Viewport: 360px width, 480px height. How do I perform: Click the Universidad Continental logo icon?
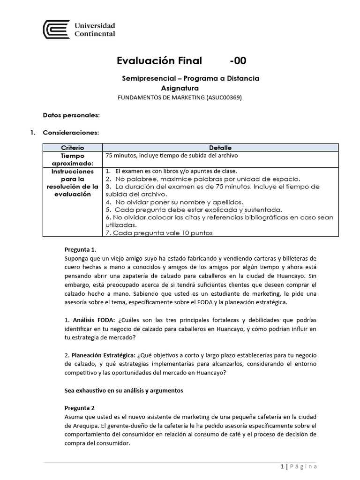(x=56, y=29)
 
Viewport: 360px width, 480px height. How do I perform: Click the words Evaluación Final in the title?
(x=159, y=61)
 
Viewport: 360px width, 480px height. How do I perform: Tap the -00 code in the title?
(x=238, y=61)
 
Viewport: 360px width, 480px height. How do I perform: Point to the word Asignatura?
(x=180, y=88)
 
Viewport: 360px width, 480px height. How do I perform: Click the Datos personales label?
(x=71, y=115)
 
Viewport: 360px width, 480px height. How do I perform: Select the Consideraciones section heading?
(x=71, y=133)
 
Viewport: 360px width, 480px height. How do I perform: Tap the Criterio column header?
(x=72, y=147)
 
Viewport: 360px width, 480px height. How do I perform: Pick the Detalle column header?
(x=220, y=147)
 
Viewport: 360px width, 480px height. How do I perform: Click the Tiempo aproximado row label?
(x=72, y=159)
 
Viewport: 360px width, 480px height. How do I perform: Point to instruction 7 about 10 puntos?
(x=159, y=232)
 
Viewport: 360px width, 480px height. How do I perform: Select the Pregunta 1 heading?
(x=80, y=250)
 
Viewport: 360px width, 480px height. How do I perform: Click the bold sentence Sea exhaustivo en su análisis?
(x=123, y=390)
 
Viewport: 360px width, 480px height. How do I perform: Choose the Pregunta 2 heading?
(x=79, y=408)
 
